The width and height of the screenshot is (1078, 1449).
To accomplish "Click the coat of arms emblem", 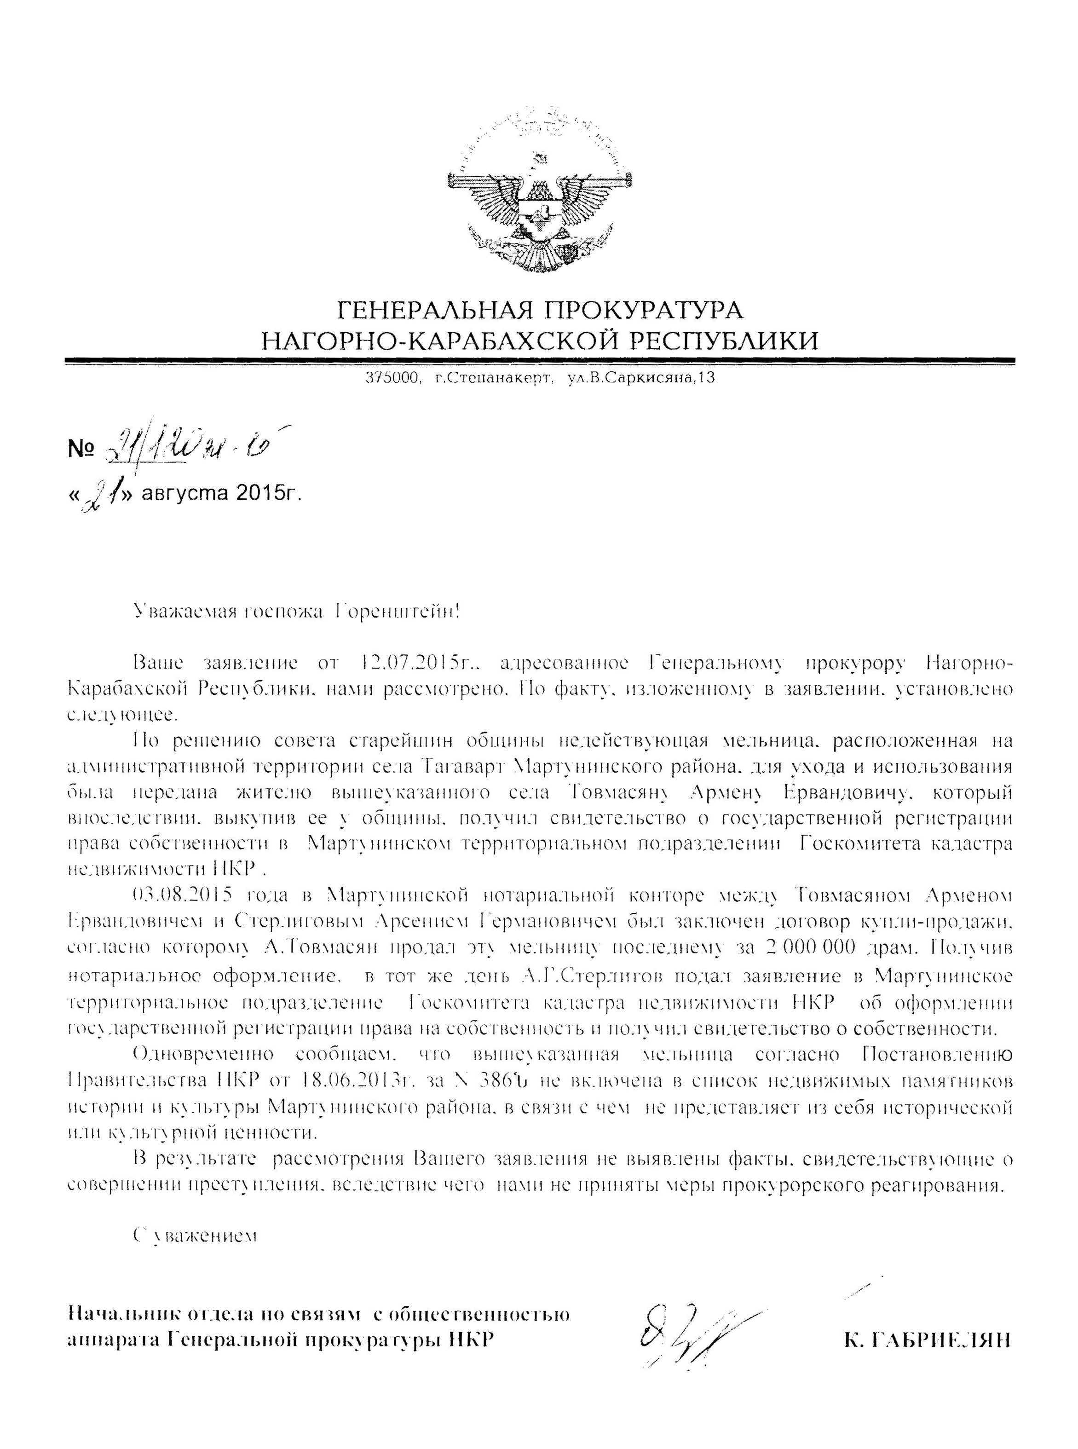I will click(x=539, y=192).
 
